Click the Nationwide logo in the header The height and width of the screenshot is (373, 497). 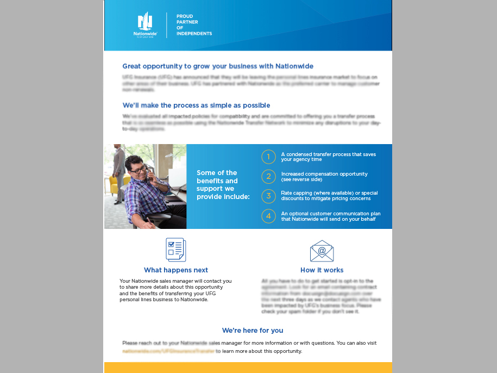pyautogui.click(x=145, y=24)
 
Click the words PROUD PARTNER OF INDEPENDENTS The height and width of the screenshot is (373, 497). pyautogui.click(x=194, y=25)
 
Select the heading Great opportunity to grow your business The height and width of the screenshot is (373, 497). pyautogui.click(x=218, y=66)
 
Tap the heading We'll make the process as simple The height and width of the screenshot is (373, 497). pyautogui.click(x=196, y=105)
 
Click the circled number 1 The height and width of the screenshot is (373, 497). pyautogui.click(x=268, y=157)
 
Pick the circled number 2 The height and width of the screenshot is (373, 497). pyautogui.click(x=268, y=177)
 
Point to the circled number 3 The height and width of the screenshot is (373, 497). pyautogui.click(x=268, y=196)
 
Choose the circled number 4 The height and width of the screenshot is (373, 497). pyautogui.click(x=268, y=216)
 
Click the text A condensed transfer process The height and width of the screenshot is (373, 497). pyautogui.click(x=328, y=157)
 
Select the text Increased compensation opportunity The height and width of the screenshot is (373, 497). pyautogui.click(x=324, y=177)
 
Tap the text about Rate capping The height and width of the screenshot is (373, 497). pyautogui.click(x=329, y=196)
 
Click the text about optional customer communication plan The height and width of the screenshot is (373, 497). pyautogui.click(x=330, y=216)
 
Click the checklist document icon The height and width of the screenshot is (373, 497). pyautogui.click(x=175, y=250)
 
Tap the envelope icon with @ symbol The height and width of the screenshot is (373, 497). pyautogui.click(x=322, y=251)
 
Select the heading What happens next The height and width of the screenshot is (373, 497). pyautogui.click(x=176, y=270)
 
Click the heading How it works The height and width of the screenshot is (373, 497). pyautogui.click(x=322, y=270)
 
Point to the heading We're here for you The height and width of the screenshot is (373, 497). pyautogui.click(x=253, y=331)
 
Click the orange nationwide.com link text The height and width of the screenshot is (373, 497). pyautogui.click(x=168, y=351)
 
